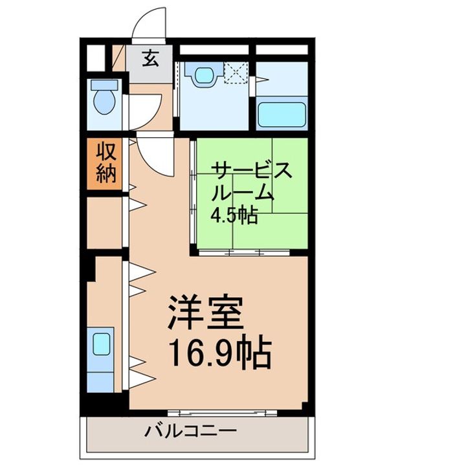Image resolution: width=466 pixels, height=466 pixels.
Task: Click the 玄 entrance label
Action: tap(150, 59)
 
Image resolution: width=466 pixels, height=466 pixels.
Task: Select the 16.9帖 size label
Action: tap(219, 352)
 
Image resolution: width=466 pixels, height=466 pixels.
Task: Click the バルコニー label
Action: tap(191, 430)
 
